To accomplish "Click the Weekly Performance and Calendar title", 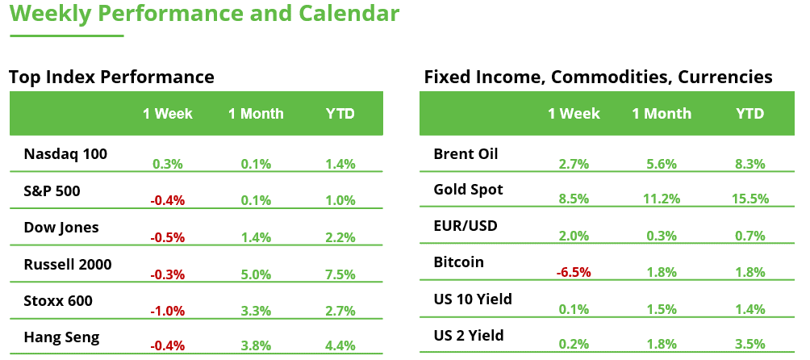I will point(204,14).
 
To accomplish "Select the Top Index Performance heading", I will point(111,77).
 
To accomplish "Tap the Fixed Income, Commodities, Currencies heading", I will point(598,77).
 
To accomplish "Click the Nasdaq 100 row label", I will point(65,153).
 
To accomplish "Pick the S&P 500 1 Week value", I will point(168,200).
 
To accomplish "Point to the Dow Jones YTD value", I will point(340,237).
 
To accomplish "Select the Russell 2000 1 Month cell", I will point(256,274).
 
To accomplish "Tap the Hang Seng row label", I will point(61,337).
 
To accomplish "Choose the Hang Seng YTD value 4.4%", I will point(340,347).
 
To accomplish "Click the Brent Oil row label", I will point(466,153).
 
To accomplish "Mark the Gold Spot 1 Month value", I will point(662,199).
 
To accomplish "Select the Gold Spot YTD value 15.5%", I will point(749,199).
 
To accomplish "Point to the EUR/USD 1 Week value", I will point(574,236).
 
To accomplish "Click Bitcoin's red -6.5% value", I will point(574,273).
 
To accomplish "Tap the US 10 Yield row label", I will point(473,299).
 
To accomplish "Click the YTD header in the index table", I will point(340,114).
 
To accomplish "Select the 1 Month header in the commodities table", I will point(662,114).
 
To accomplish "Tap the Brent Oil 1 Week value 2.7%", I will point(574,165).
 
